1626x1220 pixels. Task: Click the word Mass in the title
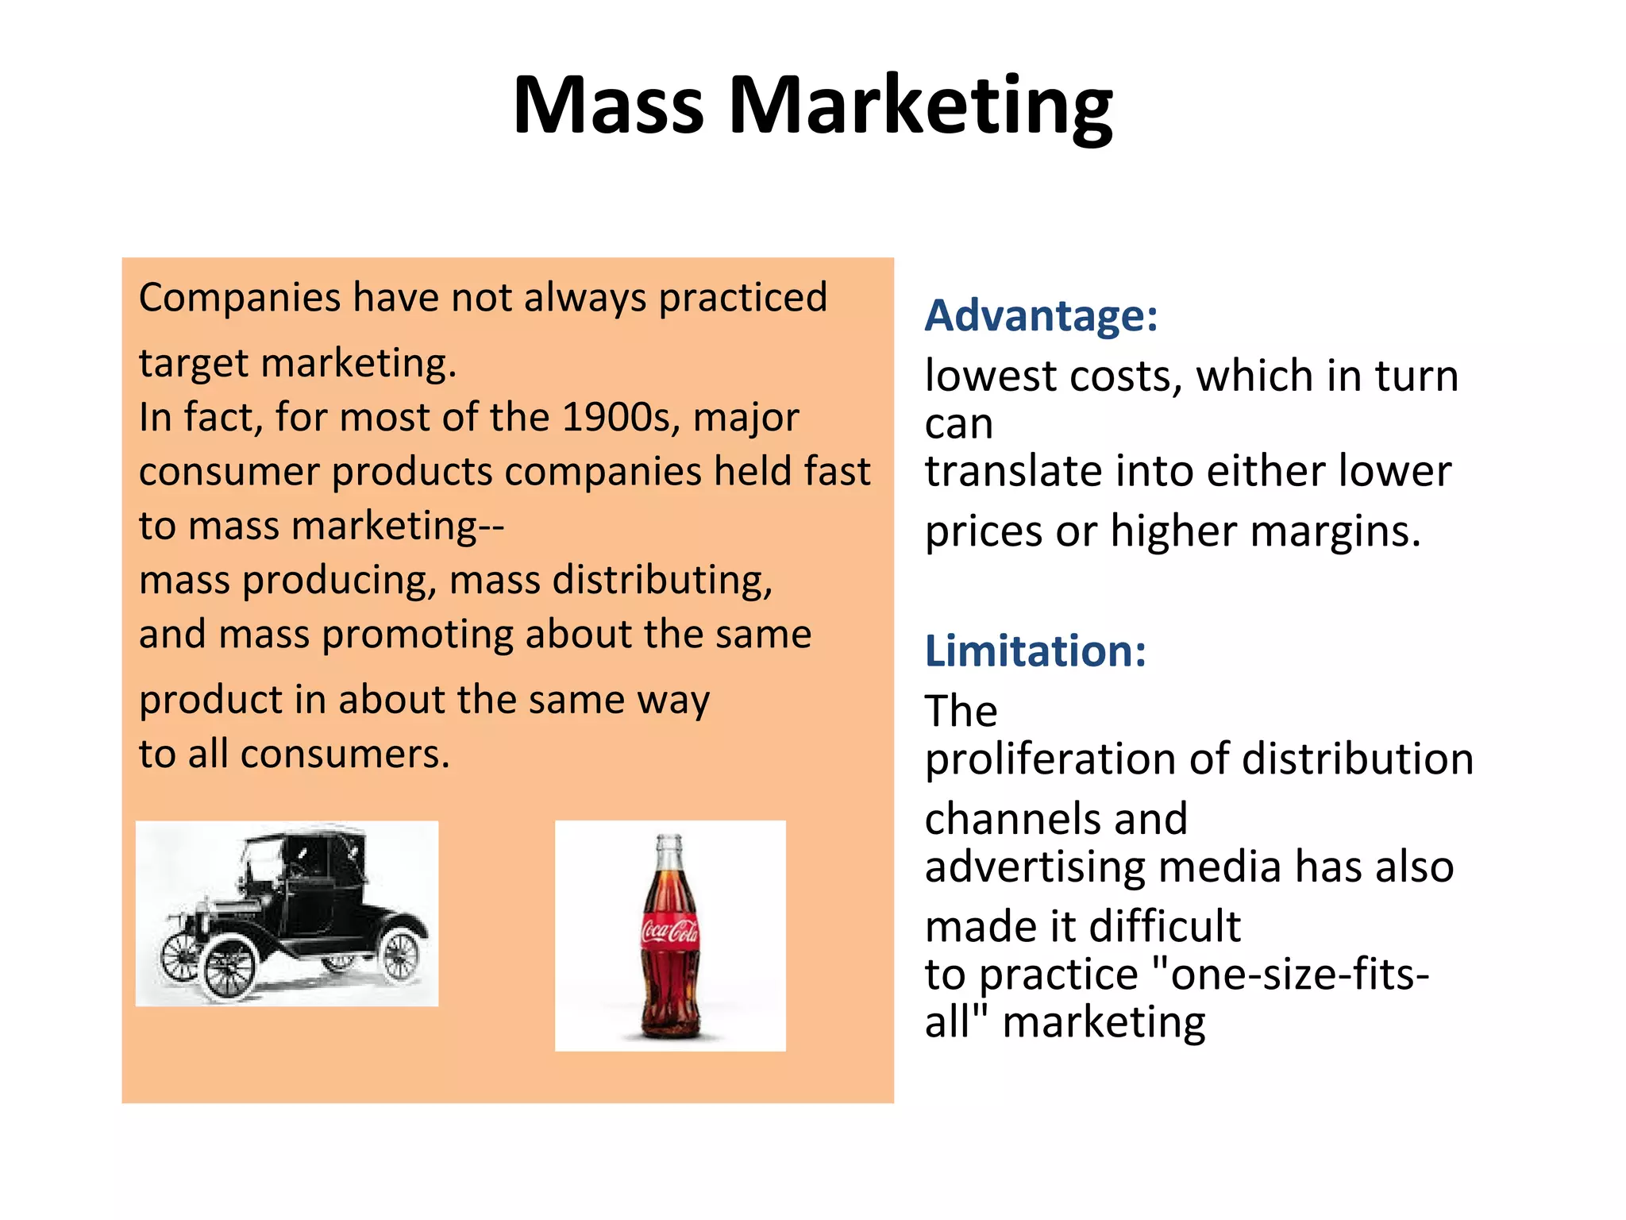(x=608, y=105)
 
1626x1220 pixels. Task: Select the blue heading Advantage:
(x=1041, y=315)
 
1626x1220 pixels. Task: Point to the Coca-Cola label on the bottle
(x=669, y=930)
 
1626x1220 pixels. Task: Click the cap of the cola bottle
(x=669, y=841)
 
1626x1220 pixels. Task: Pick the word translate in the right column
(x=1013, y=471)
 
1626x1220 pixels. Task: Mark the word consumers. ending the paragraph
(x=345, y=754)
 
